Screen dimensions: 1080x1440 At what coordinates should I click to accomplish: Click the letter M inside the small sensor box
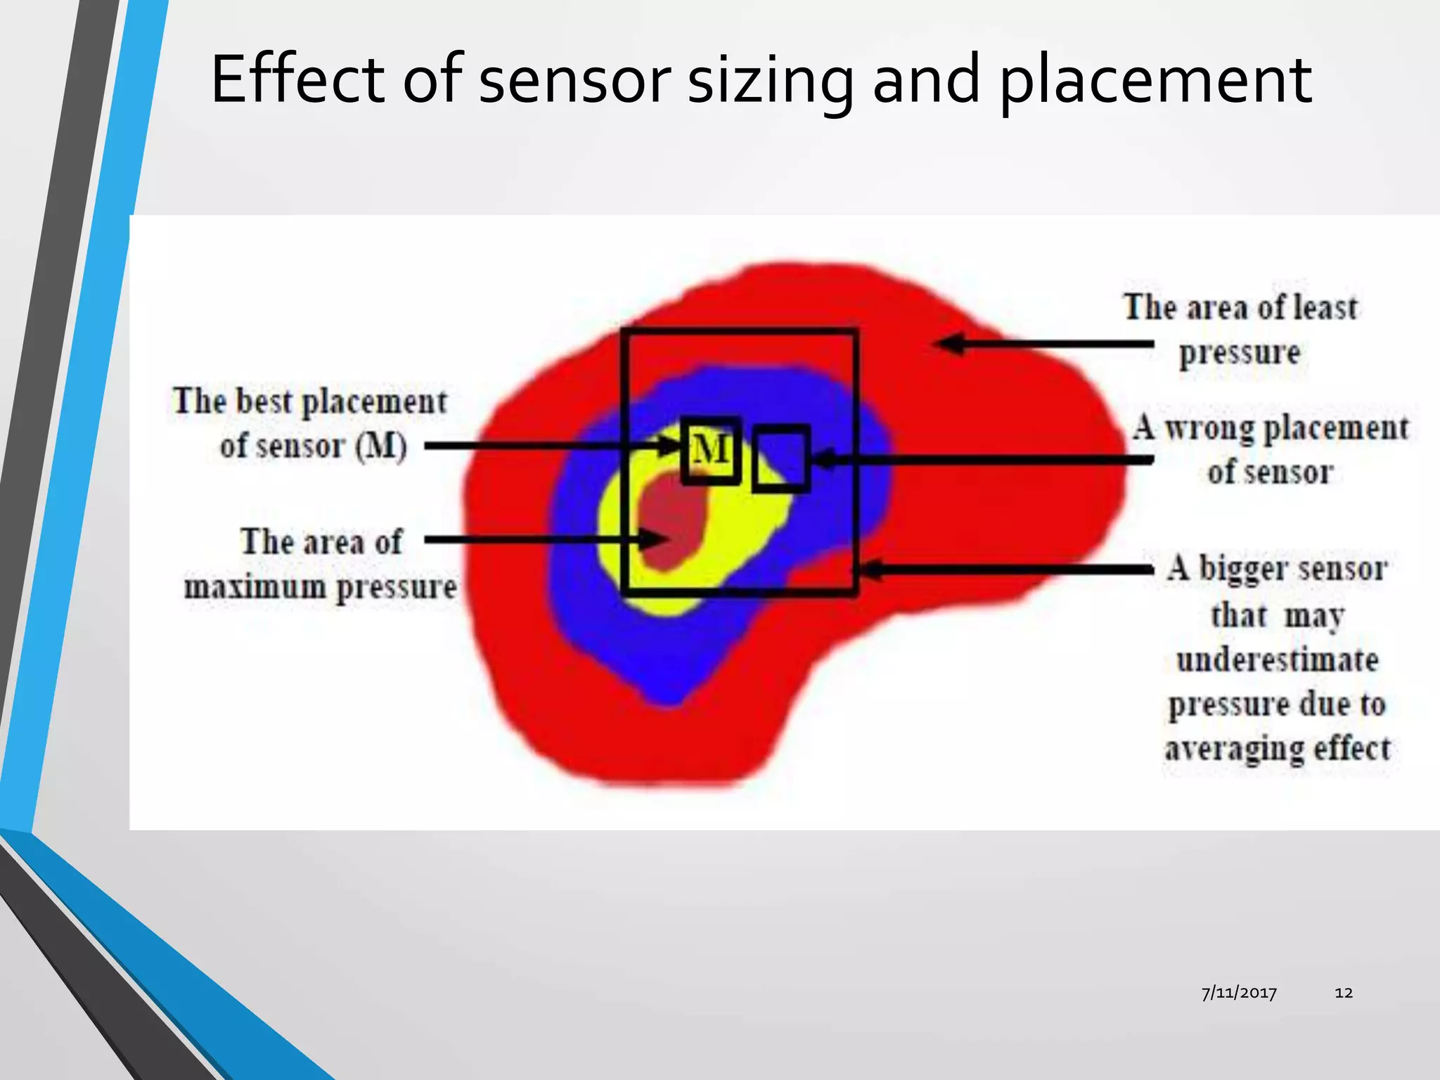(x=710, y=450)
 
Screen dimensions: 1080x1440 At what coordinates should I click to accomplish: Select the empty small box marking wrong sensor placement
(x=780, y=458)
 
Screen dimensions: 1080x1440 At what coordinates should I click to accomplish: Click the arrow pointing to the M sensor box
(x=548, y=446)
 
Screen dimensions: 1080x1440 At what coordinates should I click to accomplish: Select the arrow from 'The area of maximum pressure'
(x=541, y=540)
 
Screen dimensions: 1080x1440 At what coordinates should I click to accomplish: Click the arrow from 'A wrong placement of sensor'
(x=984, y=460)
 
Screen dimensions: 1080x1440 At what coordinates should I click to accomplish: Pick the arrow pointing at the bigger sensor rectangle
(x=1005, y=569)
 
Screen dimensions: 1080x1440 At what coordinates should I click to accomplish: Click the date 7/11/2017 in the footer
(x=1239, y=993)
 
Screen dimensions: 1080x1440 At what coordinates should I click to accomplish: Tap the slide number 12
(x=1344, y=993)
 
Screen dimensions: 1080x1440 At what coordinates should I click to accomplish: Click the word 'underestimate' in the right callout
(x=1277, y=660)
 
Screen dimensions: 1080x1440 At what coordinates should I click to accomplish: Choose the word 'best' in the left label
(x=264, y=402)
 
